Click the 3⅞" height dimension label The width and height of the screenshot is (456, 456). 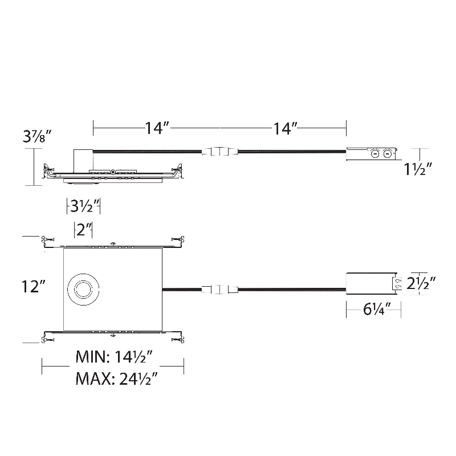(38, 136)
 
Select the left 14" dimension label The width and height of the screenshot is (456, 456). (157, 128)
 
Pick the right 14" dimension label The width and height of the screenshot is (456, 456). (286, 128)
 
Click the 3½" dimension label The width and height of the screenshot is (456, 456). (84, 206)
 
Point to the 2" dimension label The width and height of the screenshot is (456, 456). (83, 230)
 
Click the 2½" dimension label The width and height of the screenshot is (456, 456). (421, 283)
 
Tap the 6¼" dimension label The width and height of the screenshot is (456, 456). (377, 310)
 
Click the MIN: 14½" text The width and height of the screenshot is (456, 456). (115, 357)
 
